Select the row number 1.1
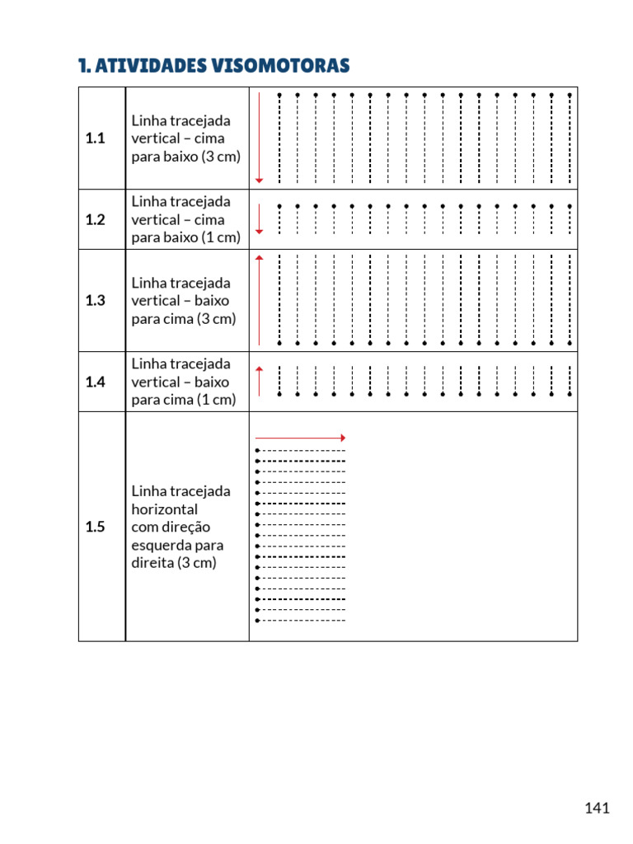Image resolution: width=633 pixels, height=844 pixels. click(96, 138)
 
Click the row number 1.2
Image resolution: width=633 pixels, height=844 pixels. click(96, 220)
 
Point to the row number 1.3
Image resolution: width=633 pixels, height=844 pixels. click(96, 301)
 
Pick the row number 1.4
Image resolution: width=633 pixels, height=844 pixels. click(96, 382)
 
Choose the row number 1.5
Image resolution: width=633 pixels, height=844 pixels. click(96, 527)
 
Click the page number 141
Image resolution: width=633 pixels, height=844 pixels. click(598, 808)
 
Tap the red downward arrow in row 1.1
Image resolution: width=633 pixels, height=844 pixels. click(260, 138)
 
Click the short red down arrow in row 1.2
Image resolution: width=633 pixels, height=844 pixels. click(260, 219)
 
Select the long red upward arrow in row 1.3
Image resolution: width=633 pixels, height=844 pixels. click(260, 301)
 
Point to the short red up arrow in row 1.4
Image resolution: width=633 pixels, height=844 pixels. click(260, 381)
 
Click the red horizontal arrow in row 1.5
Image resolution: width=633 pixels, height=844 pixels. click(300, 438)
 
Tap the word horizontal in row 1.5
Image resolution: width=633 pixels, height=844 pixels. click(165, 509)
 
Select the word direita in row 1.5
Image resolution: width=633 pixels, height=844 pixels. click(152, 564)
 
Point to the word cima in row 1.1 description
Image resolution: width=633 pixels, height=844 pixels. click(208, 138)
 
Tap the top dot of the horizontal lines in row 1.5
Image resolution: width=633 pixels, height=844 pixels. click(258, 451)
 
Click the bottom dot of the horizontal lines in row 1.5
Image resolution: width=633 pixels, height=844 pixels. click(258, 621)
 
